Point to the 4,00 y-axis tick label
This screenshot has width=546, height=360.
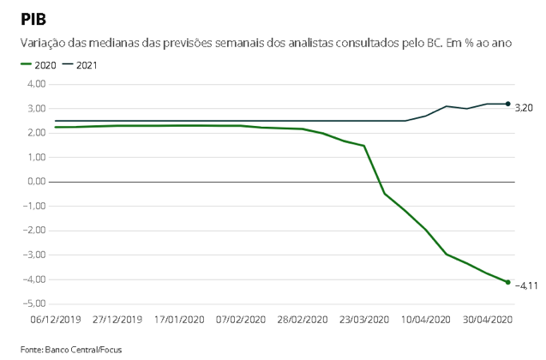[36, 84]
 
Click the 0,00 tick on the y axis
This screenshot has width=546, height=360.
[36, 182]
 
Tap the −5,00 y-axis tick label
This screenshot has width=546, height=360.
[34, 303]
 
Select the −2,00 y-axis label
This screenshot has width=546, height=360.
[34, 231]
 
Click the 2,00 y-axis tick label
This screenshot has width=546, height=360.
[36, 133]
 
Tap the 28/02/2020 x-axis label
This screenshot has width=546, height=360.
[303, 320]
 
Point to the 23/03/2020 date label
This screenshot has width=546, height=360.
[363, 320]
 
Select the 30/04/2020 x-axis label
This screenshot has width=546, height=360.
[486, 320]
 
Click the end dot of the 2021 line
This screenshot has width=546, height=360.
[508, 104]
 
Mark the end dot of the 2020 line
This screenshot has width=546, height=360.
[508, 282]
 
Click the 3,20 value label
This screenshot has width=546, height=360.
[524, 108]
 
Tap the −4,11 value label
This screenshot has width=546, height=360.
[525, 286]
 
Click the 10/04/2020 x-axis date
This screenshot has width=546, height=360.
[426, 320]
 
